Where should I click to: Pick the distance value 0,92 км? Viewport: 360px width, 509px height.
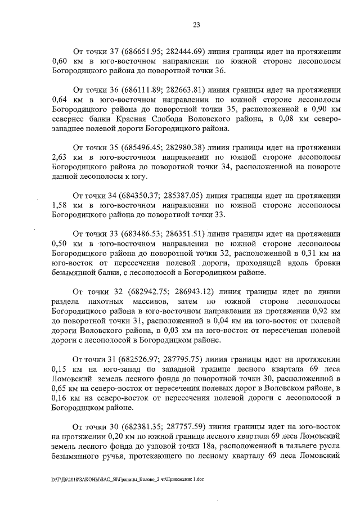click(325, 321)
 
